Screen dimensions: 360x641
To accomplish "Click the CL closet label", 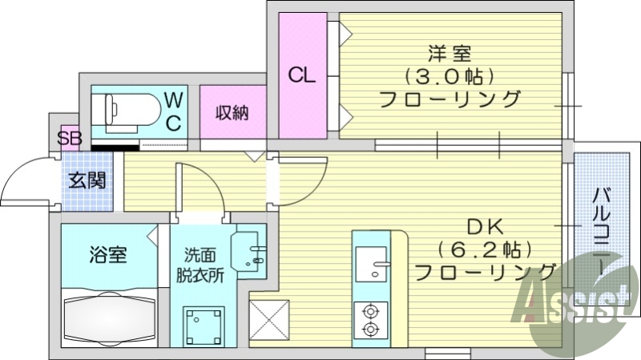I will click(302, 77).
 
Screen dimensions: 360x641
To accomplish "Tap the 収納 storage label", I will click(231, 112).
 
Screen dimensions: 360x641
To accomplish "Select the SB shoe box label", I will click(70, 138).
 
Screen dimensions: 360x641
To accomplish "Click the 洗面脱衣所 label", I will click(200, 265).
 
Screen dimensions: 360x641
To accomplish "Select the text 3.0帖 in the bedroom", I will click(449, 78).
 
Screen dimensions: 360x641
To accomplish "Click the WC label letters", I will click(173, 111).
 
